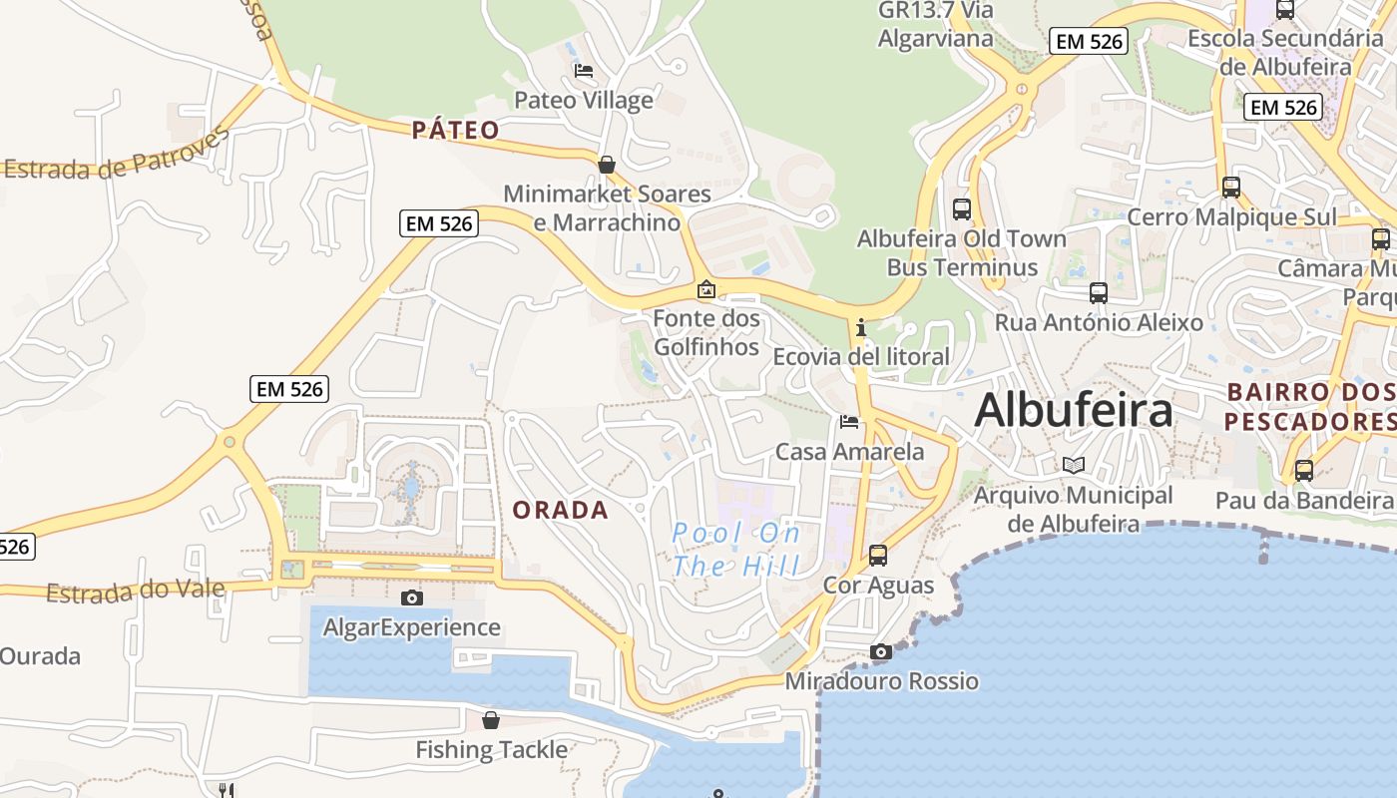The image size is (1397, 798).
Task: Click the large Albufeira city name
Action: click(x=1073, y=410)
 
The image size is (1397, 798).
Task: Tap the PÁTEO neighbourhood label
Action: click(x=455, y=130)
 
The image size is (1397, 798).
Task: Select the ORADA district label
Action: click(x=560, y=510)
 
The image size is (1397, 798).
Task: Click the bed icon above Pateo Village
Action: click(x=584, y=71)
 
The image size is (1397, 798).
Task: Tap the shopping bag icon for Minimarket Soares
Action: click(x=606, y=165)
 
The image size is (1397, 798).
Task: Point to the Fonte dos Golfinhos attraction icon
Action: click(x=706, y=290)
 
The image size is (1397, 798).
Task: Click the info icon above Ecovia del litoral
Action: click(x=860, y=327)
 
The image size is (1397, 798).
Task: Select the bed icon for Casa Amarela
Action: click(x=849, y=422)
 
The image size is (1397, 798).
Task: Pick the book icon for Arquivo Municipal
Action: click(x=1073, y=466)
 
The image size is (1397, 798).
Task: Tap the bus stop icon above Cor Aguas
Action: click(x=878, y=556)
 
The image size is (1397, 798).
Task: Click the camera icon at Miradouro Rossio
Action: click(x=880, y=652)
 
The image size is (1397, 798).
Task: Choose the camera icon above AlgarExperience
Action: click(x=411, y=598)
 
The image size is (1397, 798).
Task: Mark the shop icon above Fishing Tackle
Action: click(x=491, y=720)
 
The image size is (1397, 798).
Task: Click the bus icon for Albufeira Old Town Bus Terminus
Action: click(x=962, y=209)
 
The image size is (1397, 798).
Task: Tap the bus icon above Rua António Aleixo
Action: click(x=1099, y=293)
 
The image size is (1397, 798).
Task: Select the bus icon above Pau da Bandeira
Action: click(x=1303, y=471)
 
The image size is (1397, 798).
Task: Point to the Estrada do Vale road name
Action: click(x=136, y=592)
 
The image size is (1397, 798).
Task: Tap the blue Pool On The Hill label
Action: click(x=736, y=550)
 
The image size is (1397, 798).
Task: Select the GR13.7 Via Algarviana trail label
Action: click(x=935, y=24)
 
